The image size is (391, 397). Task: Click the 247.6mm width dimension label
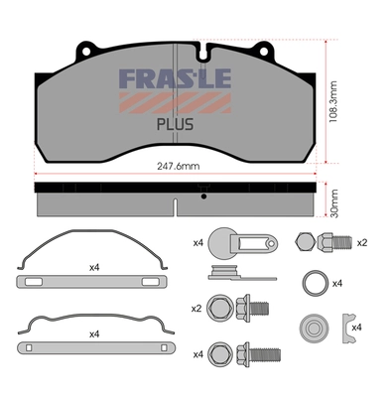pos(178,166)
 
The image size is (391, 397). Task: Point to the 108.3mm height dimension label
pos(333,101)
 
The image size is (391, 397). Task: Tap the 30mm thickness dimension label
pos(334,203)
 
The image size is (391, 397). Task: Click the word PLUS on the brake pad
pos(175,124)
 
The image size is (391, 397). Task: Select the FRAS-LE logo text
pos(175,78)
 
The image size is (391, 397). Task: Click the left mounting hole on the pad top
pos(86,52)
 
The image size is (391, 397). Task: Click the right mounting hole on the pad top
pos(264,52)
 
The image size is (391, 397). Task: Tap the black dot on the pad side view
pos(204,197)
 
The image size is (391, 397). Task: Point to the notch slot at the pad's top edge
pos(204,52)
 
